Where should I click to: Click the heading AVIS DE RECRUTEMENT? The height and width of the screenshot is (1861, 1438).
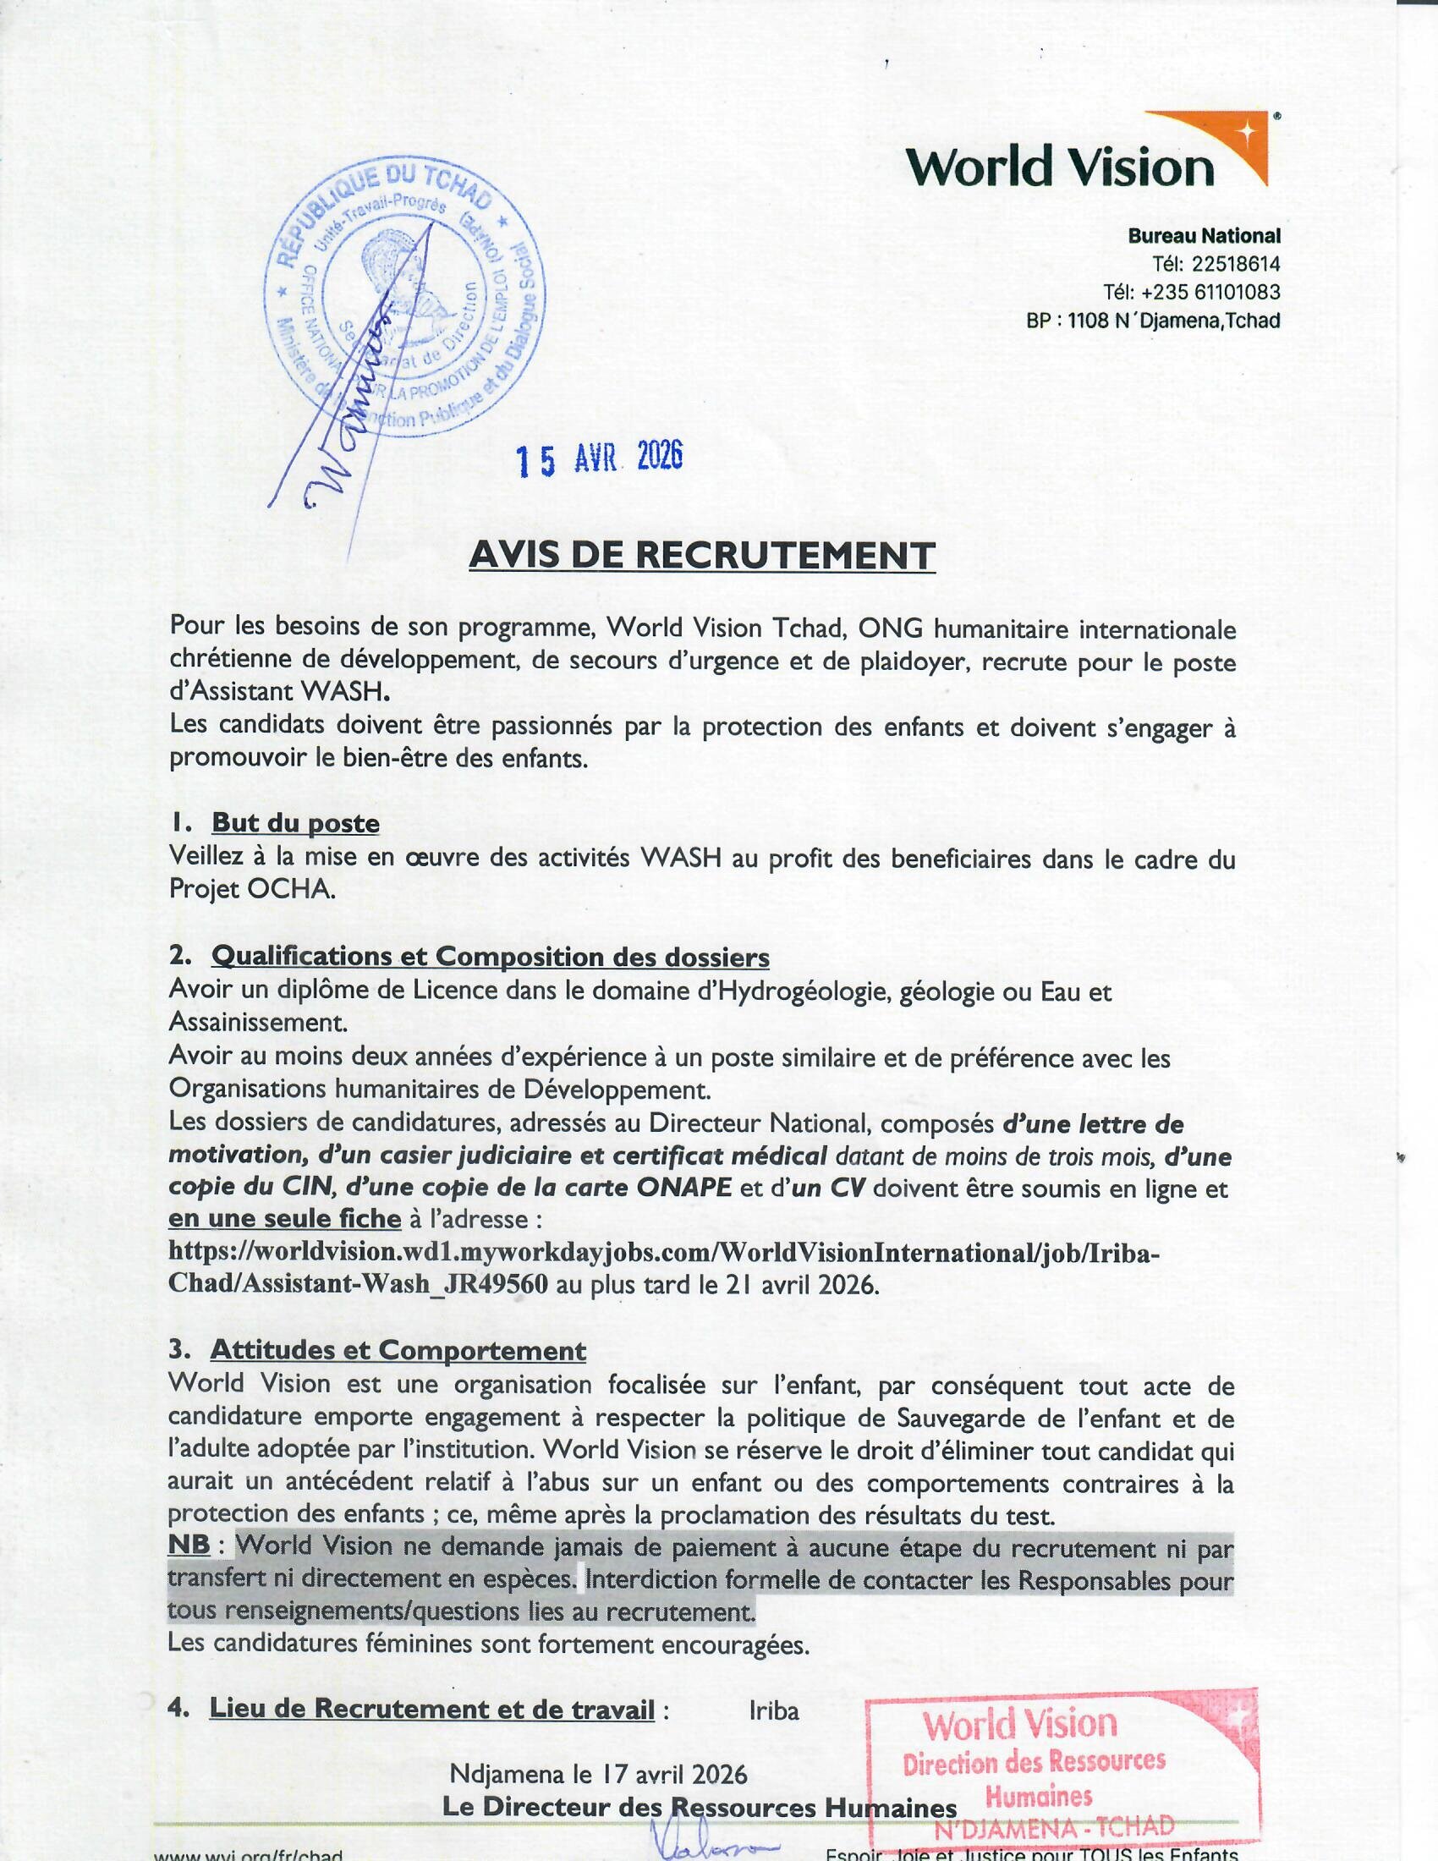(x=702, y=557)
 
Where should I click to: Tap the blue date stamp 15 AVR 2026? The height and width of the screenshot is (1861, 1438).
(x=601, y=459)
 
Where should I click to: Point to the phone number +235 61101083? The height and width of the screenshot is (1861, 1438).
(x=1210, y=293)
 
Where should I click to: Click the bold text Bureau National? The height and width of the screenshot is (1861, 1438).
(x=1204, y=236)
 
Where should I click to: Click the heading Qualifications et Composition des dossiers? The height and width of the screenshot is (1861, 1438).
(x=490, y=957)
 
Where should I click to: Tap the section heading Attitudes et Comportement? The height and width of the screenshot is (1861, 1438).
(x=398, y=1351)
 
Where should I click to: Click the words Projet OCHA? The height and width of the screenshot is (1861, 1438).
(x=251, y=890)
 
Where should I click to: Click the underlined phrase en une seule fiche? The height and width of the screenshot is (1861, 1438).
(x=284, y=1219)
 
